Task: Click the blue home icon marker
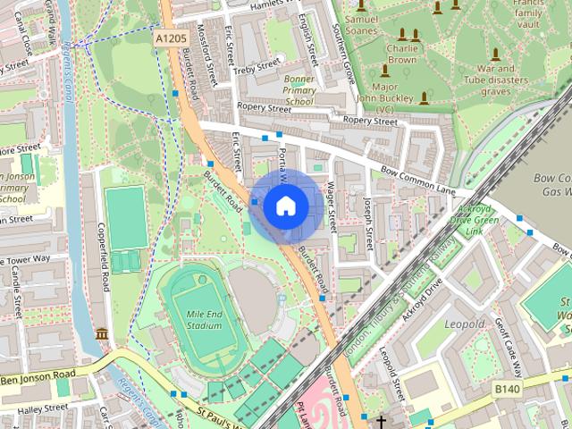tap(285, 206)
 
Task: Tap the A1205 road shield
tap(170, 38)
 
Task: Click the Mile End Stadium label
tap(205, 321)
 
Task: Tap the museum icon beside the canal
tap(102, 334)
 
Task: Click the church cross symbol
tap(382, 421)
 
